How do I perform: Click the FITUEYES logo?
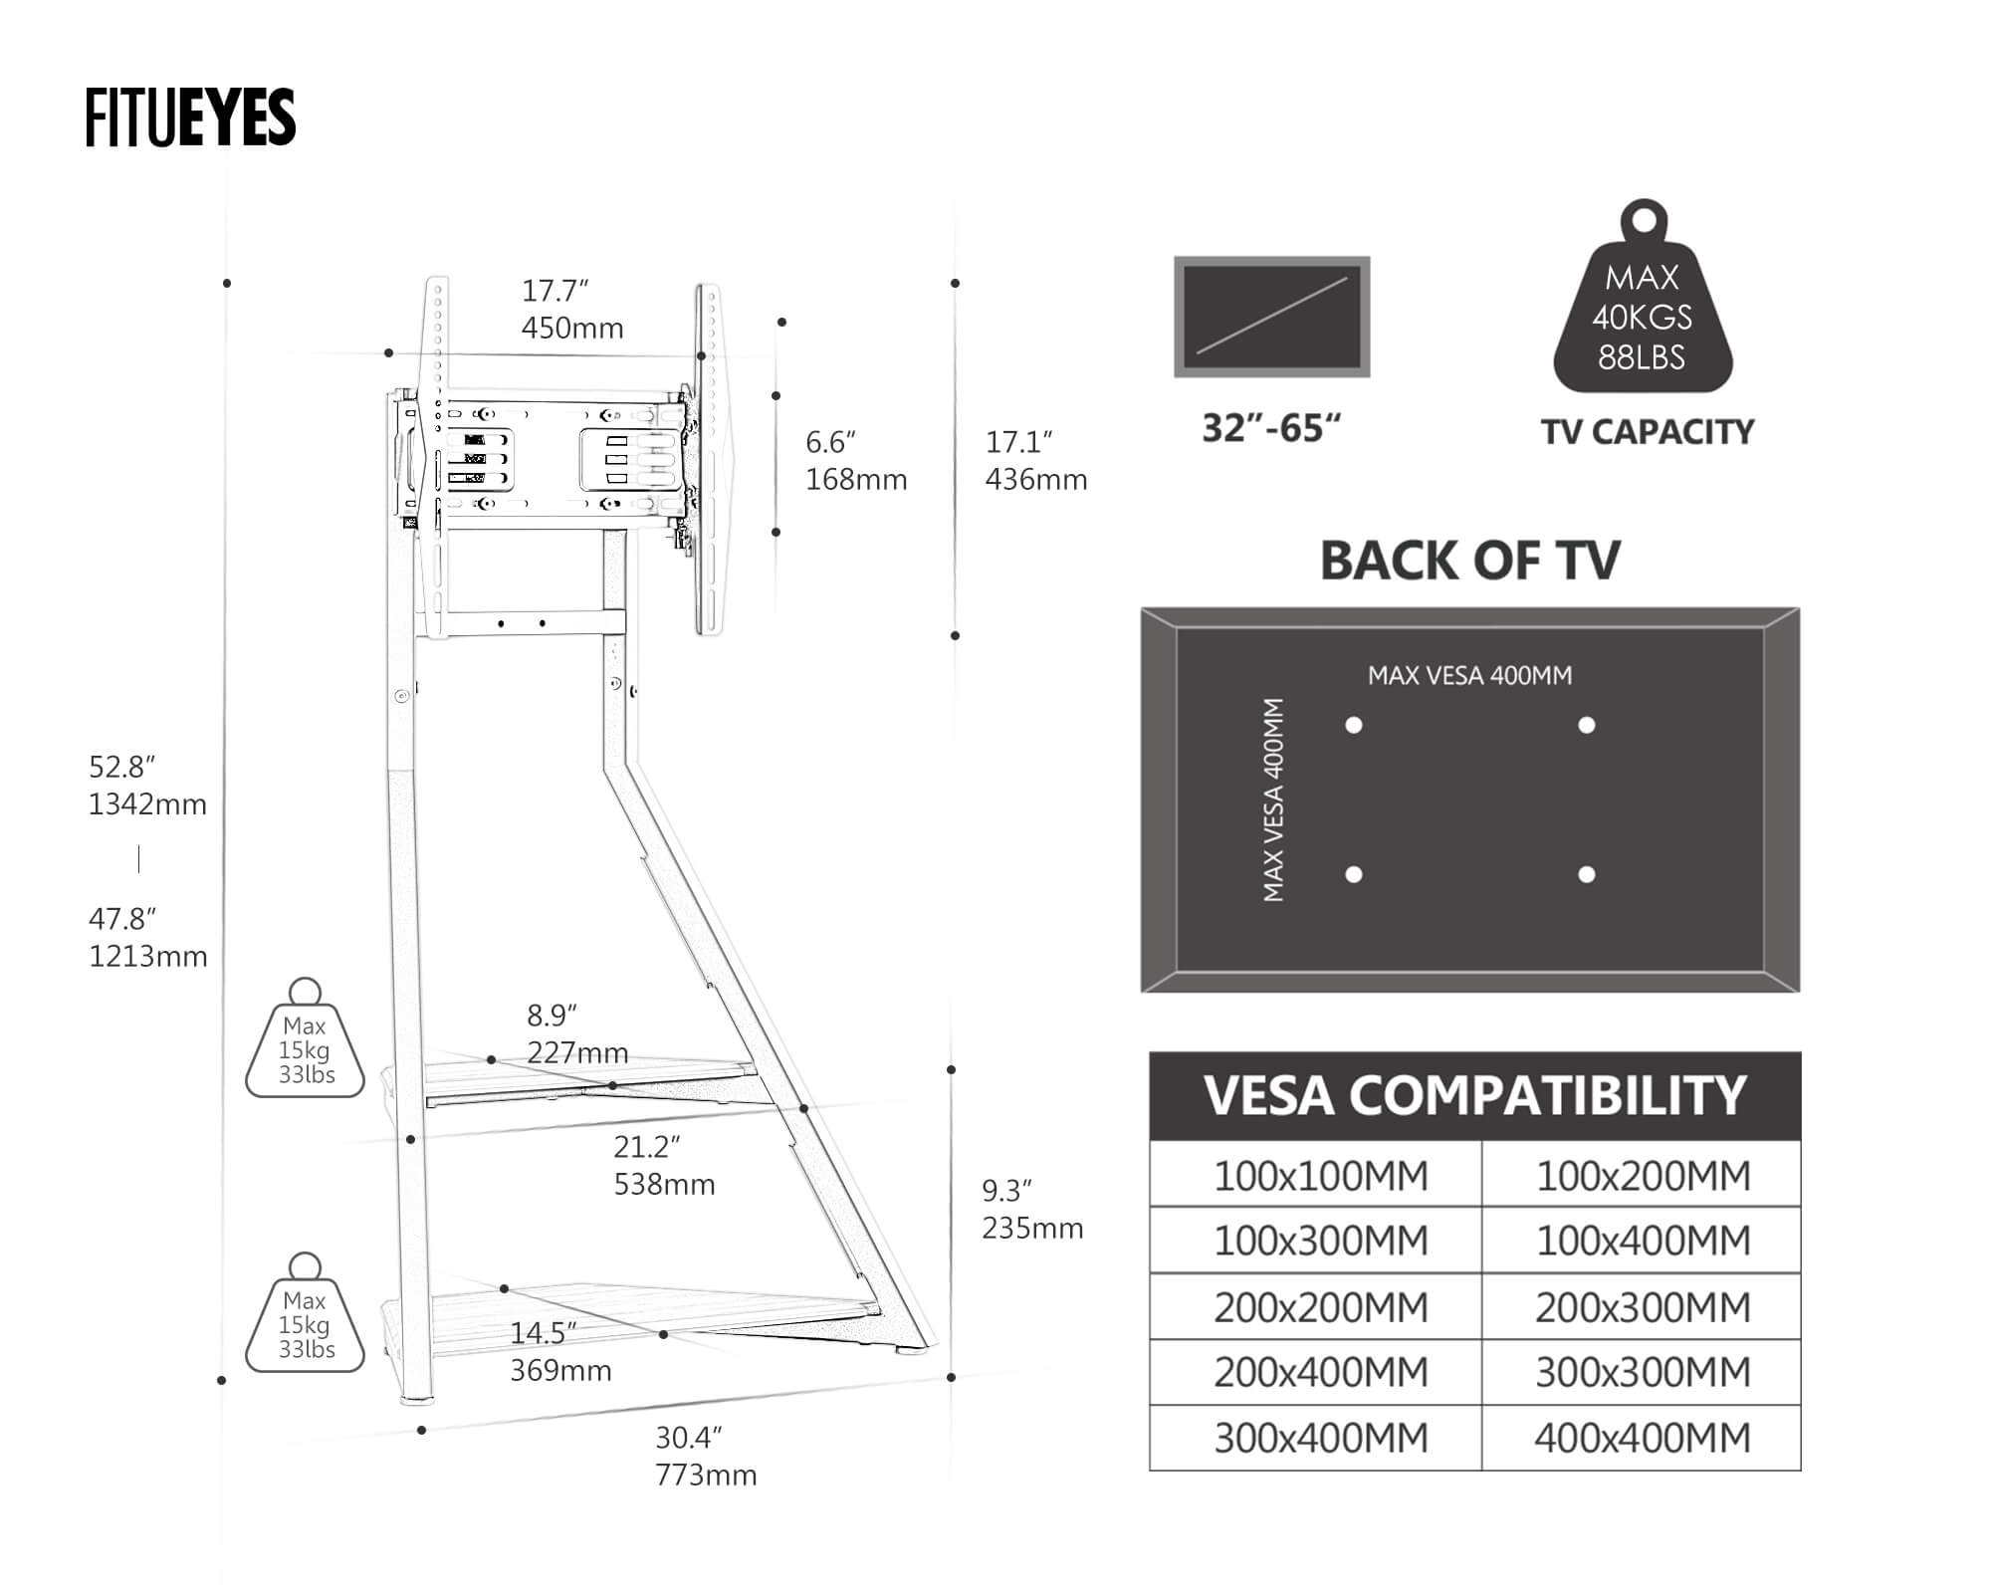tap(190, 117)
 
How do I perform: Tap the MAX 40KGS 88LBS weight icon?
tap(1643, 309)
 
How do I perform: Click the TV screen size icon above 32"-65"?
tap(1271, 317)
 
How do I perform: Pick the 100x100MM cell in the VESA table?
tap(1319, 1176)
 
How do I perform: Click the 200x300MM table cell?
tap(1642, 1307)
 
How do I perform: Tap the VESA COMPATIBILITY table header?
tap(1474, 1096)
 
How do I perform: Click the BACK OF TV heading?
tap(1469, 561)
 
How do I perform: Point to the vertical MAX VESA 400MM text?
tap(1273, 799)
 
